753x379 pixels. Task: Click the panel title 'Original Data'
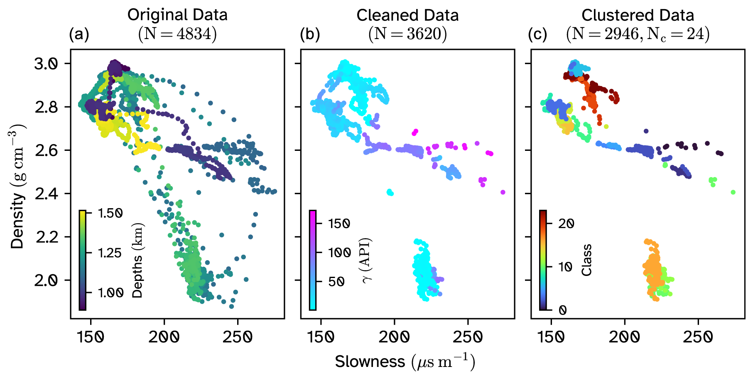[177, 15]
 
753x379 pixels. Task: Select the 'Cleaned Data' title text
[407, 15]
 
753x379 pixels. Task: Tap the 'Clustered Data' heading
[638, 15]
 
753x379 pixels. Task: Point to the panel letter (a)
[79, 34]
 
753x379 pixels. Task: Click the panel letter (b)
[310, 34]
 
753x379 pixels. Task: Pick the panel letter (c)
[537, 34]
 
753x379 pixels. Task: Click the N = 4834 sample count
[177, 34]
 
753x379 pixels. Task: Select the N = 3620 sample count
[407, 34]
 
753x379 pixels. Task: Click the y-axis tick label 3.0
[46, 64]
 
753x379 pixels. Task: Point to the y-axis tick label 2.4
[46, 194]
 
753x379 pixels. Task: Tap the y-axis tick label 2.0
[46, 281]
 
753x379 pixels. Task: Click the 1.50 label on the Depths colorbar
[110, 213]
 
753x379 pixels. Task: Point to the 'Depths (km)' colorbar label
[137, 261]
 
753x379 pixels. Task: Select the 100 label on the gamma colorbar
[339, 253]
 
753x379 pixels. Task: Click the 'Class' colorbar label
[586, 260]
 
